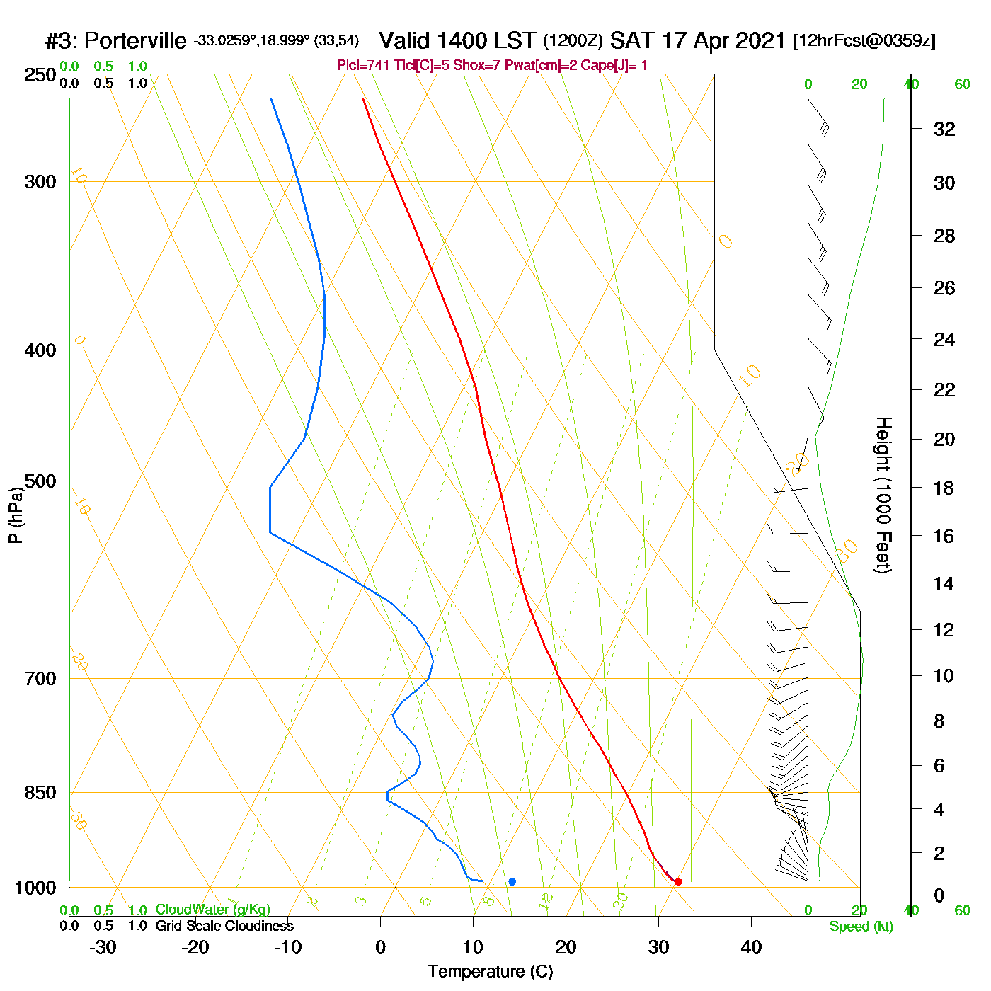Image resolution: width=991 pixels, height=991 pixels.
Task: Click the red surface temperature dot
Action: tap(677, 881)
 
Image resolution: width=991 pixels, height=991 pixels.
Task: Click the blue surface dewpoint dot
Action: tap(512, 881)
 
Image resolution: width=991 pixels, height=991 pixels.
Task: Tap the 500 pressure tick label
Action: tap(40, 481)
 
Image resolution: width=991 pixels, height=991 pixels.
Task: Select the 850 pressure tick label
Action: tap(40, 793)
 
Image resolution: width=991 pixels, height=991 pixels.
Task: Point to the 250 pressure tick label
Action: tap(40, 75)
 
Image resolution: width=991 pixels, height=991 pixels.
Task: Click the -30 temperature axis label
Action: tap(103, 947)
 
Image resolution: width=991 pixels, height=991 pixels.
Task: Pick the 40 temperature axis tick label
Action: tap(751, 947)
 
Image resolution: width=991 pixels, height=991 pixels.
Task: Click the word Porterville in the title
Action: tap(135, 41)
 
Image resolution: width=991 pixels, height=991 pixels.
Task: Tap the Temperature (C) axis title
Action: tap(490, 972)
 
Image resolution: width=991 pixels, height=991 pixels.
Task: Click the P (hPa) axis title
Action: tap(16, 515)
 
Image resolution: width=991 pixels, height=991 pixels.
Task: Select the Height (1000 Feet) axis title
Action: tap(883, 495)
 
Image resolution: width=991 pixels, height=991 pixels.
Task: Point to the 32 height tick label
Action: tap(944, 129)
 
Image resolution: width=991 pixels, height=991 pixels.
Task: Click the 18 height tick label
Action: tap(944, 488)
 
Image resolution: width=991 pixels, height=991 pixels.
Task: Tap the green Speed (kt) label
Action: tap(861, 927)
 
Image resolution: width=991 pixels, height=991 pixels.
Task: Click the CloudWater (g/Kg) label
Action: tap(212, 910)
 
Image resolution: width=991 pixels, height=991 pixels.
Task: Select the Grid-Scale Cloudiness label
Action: tap(224, 926)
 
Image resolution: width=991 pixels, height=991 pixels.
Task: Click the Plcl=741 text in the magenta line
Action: tap(362, 66)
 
